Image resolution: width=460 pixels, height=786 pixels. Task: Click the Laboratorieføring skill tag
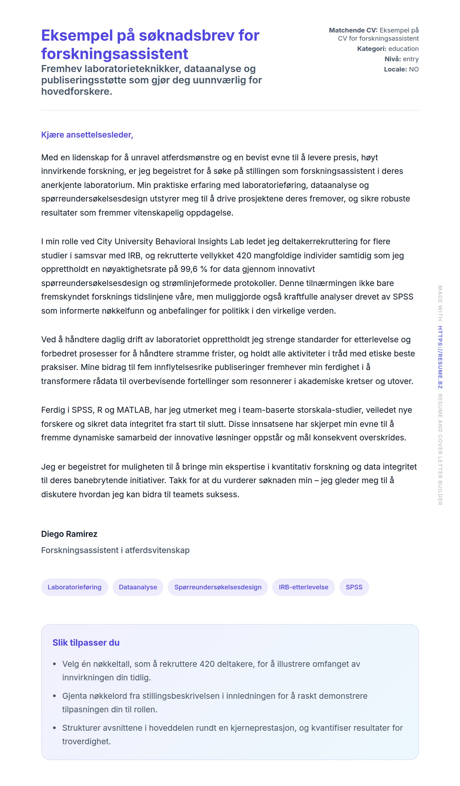74,587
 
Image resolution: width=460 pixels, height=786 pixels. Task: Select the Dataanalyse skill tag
138,587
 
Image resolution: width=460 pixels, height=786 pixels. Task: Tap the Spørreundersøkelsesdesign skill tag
218,587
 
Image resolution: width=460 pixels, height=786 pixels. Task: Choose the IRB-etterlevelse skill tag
303,587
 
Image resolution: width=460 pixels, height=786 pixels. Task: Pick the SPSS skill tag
354,587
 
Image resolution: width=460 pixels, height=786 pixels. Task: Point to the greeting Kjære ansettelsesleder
87,135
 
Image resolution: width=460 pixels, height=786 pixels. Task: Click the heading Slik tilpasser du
86,642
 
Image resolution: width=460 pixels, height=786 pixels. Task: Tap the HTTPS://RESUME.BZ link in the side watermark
440,357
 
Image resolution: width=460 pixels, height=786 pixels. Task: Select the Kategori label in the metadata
372,49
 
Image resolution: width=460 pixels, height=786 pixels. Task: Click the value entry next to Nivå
410,59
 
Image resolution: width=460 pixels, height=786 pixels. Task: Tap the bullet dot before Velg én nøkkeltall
55,664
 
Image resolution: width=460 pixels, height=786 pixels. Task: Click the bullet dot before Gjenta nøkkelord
55,696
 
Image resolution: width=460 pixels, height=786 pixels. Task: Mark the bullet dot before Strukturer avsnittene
55,728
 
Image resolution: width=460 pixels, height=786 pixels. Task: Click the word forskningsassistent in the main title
114,54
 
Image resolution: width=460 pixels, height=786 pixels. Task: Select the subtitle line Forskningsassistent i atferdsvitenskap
115,550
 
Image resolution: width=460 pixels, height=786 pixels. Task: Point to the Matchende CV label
353,30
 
